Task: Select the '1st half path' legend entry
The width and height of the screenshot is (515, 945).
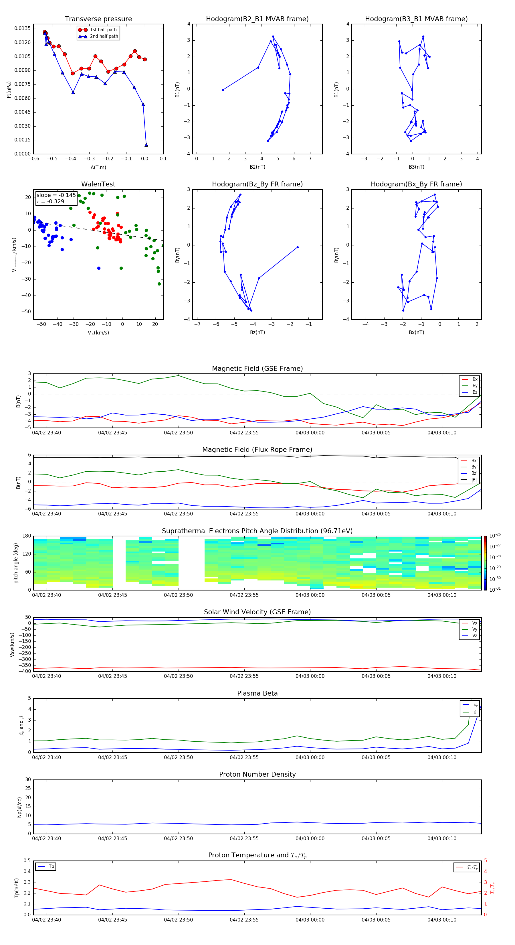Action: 103,30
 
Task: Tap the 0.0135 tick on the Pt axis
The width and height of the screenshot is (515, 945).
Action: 22,29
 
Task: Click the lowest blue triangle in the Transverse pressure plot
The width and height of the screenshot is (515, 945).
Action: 146,145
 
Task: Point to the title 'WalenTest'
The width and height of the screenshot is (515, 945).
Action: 98,184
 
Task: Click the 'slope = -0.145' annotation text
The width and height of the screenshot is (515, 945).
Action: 56,195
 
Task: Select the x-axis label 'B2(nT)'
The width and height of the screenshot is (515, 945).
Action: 257,167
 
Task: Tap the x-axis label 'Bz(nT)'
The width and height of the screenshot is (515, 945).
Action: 257,332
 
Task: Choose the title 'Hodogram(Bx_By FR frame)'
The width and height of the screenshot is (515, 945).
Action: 416,184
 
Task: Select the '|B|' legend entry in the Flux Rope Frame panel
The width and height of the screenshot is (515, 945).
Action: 474,480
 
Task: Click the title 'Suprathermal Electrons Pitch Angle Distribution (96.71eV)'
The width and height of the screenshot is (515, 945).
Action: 257,531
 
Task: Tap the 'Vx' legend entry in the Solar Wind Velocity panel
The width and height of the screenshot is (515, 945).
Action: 474,623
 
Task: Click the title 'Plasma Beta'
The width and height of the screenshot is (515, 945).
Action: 257,693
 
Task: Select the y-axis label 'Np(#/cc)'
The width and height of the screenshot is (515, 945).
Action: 19,807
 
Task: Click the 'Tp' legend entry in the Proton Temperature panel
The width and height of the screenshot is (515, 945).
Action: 51,867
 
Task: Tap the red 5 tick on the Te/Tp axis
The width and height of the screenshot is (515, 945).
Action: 485,861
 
